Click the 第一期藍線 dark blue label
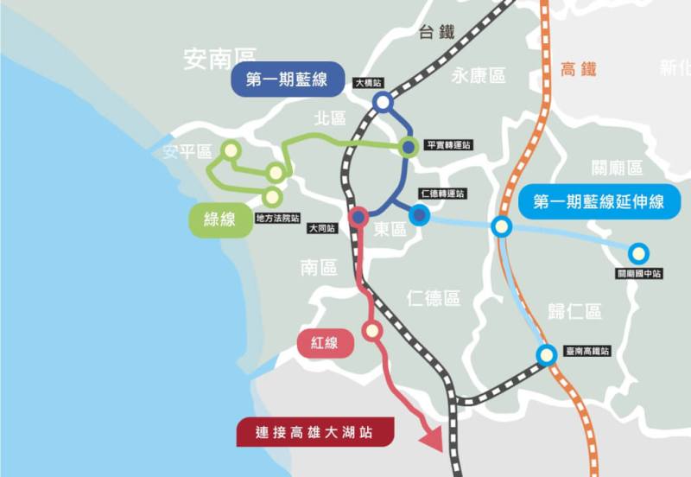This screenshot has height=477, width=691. click(x=287, y=79)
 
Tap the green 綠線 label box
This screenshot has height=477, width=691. click(x=219, y=219)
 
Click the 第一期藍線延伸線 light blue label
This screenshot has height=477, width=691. click(x=599, y=202)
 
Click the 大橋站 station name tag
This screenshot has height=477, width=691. click(x=369, y=84)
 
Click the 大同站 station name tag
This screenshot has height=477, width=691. click(x=321, y=229)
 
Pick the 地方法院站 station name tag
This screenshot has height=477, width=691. click(x=277, y=219)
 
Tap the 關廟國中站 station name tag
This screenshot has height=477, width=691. click(x=639, y=274)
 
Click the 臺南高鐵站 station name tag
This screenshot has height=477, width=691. click(x=586, y=351)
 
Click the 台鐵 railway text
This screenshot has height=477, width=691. click(x=436, y=32)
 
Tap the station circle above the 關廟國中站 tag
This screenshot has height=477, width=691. click(x=638, y=253)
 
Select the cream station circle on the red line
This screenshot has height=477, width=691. click(x=371, y=329)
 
